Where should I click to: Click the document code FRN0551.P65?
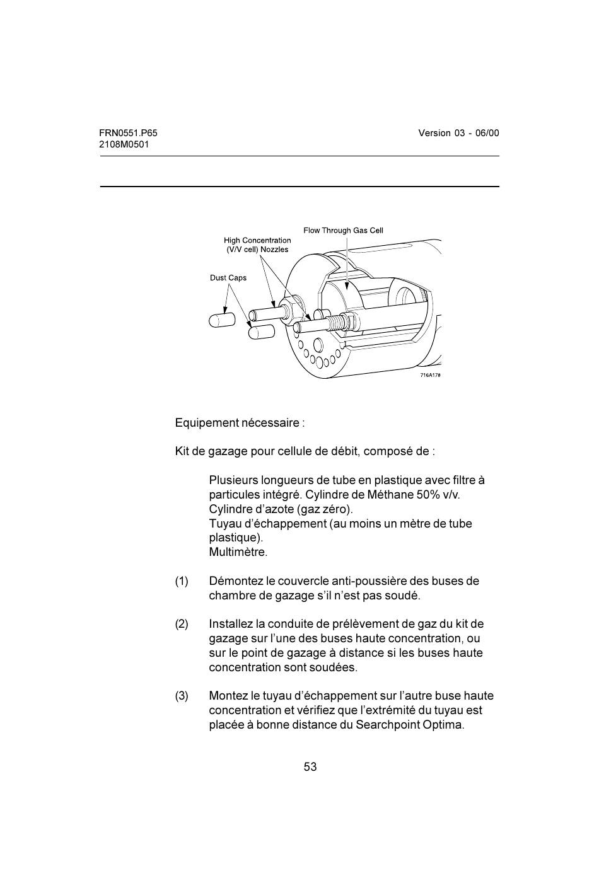point(128,133)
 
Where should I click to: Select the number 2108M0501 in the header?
point(124,144)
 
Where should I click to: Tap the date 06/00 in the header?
point(487,133)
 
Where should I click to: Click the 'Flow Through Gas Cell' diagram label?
point(343,231)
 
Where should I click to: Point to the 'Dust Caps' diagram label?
point(228,278)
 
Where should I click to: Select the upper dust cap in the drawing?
point(221,320)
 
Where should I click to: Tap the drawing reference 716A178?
point(430,375)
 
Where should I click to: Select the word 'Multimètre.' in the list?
point(238,553)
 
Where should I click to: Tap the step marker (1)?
point(182,581)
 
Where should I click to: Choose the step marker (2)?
point(182,625)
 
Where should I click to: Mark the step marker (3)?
point(182,696)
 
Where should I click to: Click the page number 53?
point(310,767)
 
